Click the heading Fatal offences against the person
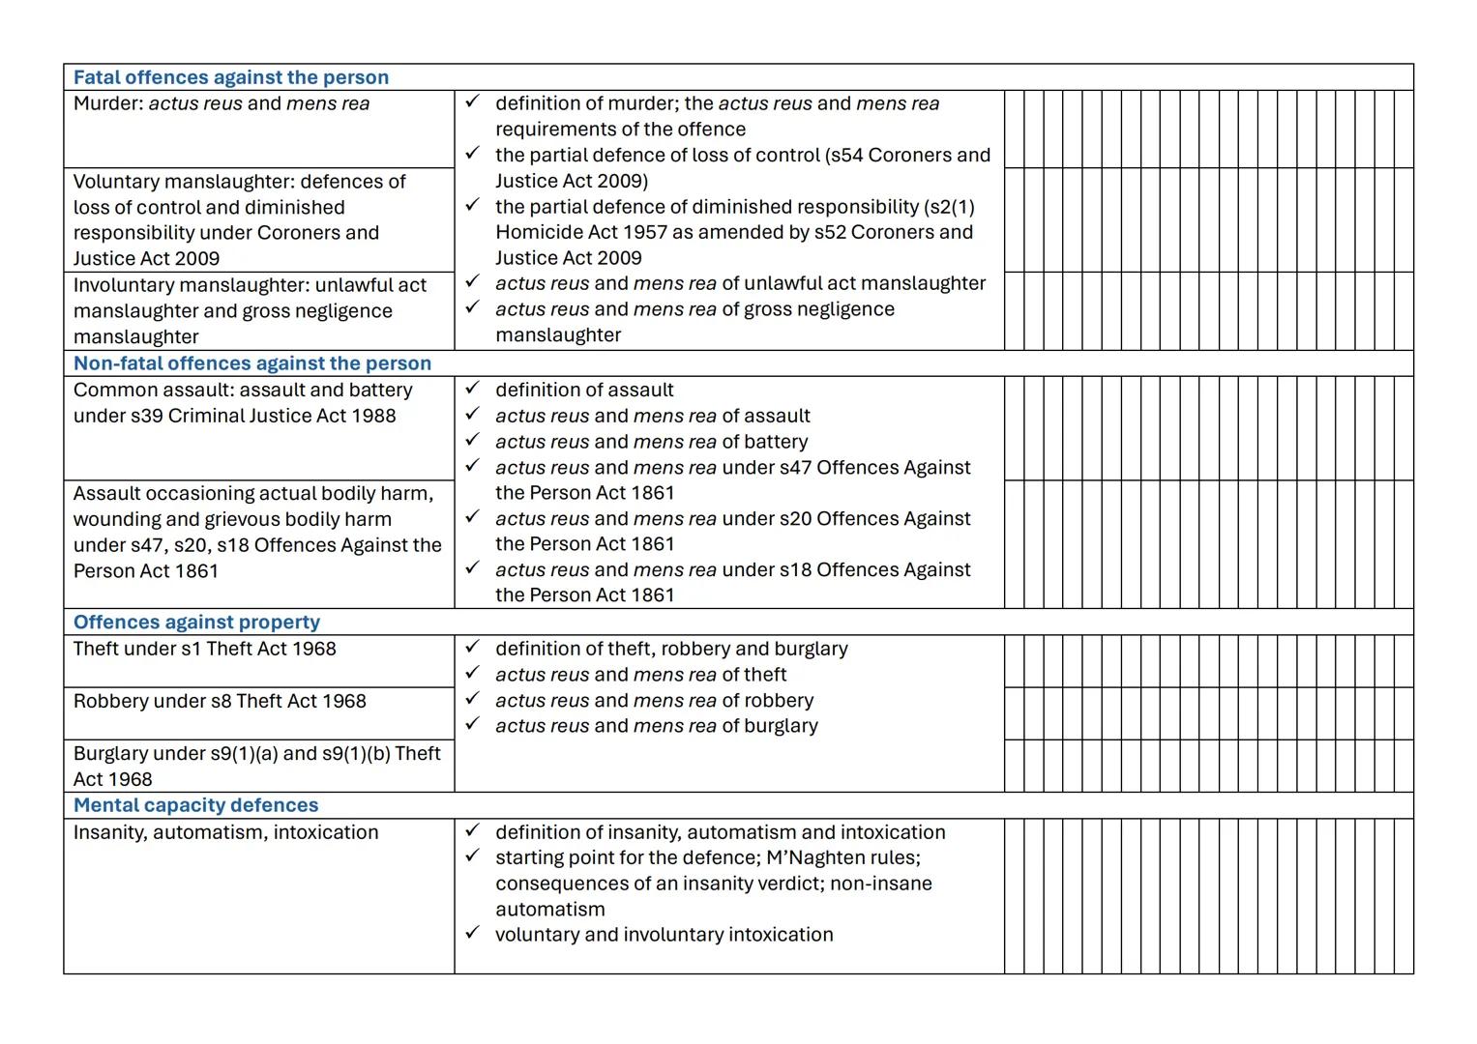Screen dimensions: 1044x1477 pyautogui.click(x=231, y=77)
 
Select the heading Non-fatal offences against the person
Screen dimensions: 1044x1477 pyautogui.click(x=252, y=363)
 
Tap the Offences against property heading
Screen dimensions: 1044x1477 pyautogui.click(x=196, y=623)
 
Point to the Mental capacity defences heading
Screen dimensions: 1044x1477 pyautogui.click(x=195, y=805)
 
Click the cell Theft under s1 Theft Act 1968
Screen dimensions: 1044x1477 pyautogui.click(x=205, y=649)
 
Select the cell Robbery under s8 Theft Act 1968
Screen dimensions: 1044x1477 pyautogui.click(x=220, y=701)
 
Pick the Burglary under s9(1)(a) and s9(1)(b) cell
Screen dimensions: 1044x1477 pyautogui.click(x=256, y=766)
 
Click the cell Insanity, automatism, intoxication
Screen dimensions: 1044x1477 pyautogui.click(x=225, y=832)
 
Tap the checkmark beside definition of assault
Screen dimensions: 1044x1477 pyautogui.click(x=472, y=389)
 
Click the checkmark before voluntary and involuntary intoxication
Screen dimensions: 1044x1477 pyautogui.click(x=472, y=934)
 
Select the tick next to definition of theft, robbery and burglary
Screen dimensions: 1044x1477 pyautogui.click(x=472, y=648)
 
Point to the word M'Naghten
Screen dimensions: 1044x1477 pyautogui.click(x=823, y=857)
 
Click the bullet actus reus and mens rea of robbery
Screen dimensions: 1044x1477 pyautogui.click(x=654, y=700)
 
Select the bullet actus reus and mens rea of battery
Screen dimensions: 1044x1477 pyautogui.click(x=651, y=442)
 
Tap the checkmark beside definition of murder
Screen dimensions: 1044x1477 pyautogui.click(x=472, y=101)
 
